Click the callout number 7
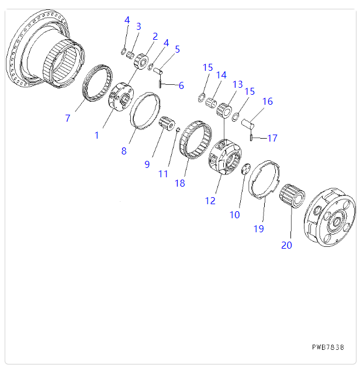[x=68, y=119]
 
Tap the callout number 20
[x=286, y=245]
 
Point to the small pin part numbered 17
[x=251, y=138]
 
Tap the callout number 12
[x=210, y=201]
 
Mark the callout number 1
[x=97, y=135]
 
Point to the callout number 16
[x=267, y=102]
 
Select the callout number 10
[x=234, y=215]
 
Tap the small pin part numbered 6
[x=160, y=84]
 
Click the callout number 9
[x=147, y=164]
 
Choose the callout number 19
[x=259, y=229]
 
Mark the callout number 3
[x=139, y=26]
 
